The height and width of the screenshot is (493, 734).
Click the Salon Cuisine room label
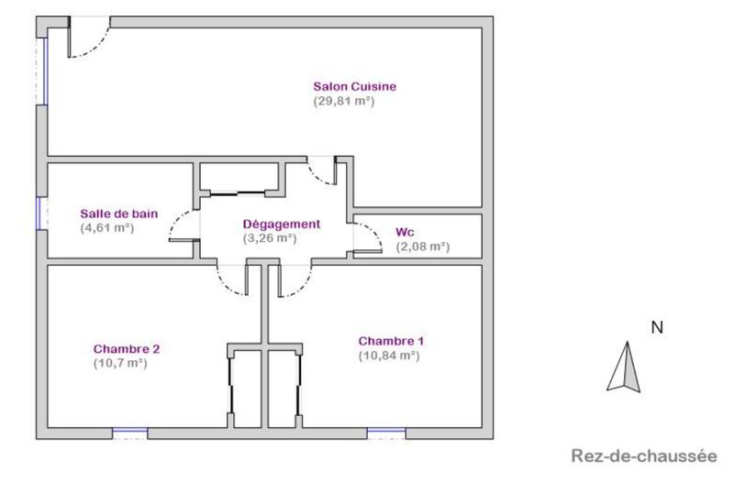354,87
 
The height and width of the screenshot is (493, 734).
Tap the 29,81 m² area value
344,101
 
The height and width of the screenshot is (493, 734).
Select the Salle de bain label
119,214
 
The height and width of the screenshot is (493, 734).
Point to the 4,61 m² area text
107,227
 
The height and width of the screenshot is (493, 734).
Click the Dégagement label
281,224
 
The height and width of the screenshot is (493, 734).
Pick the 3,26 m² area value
269,237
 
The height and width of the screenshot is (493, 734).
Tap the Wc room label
404,232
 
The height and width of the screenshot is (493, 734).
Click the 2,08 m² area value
422,246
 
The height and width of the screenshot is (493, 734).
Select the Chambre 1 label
391,341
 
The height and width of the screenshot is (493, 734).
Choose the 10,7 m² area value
120,362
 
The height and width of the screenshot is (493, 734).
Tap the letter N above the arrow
656,327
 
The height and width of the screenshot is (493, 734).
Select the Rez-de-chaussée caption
641,455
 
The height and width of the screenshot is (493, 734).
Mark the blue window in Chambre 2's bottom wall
129,429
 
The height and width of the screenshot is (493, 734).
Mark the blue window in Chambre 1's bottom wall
386,429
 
